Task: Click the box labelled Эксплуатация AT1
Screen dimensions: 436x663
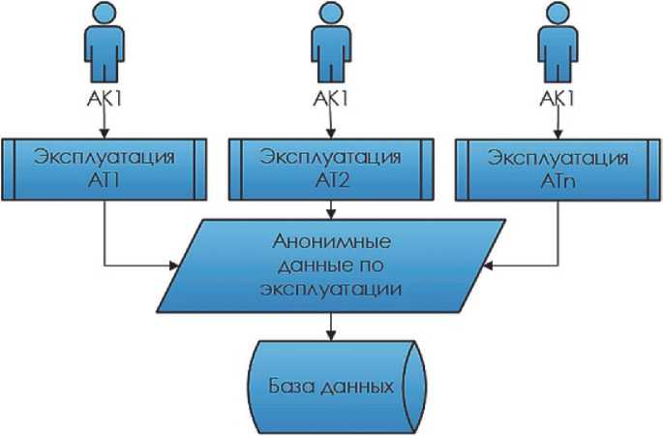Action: pos(103,168)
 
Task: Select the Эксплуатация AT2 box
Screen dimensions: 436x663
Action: pos(332,168)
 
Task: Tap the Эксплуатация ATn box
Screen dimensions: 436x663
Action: pos(558,168)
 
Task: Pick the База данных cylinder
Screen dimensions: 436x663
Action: pos(332,387)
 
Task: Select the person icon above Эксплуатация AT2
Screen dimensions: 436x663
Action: pos(330,44)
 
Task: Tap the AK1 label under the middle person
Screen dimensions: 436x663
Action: pos(330,99)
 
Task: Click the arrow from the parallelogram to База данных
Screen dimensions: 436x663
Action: pos(332,327)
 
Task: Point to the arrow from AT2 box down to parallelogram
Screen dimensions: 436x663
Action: pos(332,207)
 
